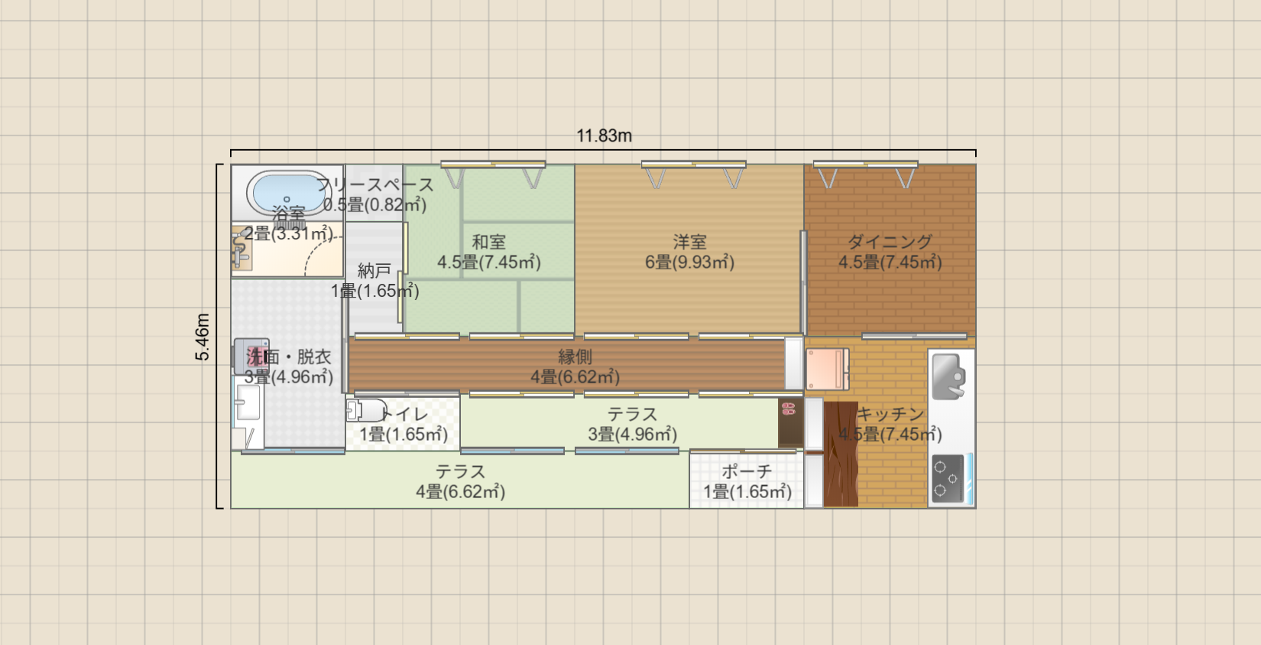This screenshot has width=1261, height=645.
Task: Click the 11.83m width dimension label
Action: click(x=604, y=136)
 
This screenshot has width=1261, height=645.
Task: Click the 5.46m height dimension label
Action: click(x=203, y=337)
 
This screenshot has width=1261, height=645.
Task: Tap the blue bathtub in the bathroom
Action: click(x=287, y=192)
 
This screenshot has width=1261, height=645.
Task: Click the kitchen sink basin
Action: click(x=948, y=376)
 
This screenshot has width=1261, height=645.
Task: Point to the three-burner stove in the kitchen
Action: click(x=948, y=479)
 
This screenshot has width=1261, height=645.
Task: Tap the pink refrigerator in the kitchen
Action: click(x=827, y=369)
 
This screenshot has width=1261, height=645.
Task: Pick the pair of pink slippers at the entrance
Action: click(x=789, y=409)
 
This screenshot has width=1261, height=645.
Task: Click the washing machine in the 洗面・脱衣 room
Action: click(x=251, y=356)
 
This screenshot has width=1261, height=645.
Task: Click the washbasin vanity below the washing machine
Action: click(x=248, y=402)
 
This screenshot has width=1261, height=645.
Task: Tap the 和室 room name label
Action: click(x=488, y=242)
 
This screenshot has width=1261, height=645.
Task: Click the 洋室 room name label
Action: click(x=689, y=242)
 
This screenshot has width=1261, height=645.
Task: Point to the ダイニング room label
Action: click(x=890, y=242)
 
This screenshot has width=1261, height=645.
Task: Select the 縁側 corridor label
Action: click(x=575, y=357)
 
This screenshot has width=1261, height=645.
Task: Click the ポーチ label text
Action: click(x=747, y=471)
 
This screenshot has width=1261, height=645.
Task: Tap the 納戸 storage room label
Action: click(x=374, y=271)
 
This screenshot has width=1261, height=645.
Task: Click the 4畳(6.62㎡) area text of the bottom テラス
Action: click(x=460, y=492)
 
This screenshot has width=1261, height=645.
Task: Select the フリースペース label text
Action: click(x=375, y=184)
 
